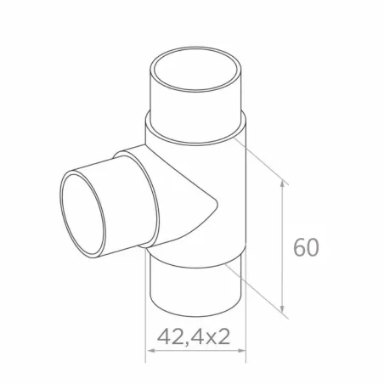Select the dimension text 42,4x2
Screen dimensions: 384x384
(195, 336)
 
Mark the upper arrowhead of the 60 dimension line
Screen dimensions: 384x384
(283, 184)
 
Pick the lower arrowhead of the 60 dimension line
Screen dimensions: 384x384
(283, 310)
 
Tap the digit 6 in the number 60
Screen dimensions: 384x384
(298, 247)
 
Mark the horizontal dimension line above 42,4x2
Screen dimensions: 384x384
(196, 351)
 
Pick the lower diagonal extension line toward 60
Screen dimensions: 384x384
(259, 289)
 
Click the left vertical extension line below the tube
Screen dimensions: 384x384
(150, 336)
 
